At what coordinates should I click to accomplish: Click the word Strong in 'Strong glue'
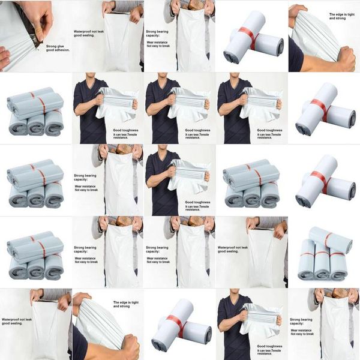click(52, 46)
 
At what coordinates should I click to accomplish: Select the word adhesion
click(62, 51)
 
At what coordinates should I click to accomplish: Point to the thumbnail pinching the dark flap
click(41, 27)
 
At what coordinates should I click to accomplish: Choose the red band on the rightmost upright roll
click(338, 254)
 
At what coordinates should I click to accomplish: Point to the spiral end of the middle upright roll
click(322, 275)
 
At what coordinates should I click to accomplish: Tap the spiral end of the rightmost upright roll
click(338, 274)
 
